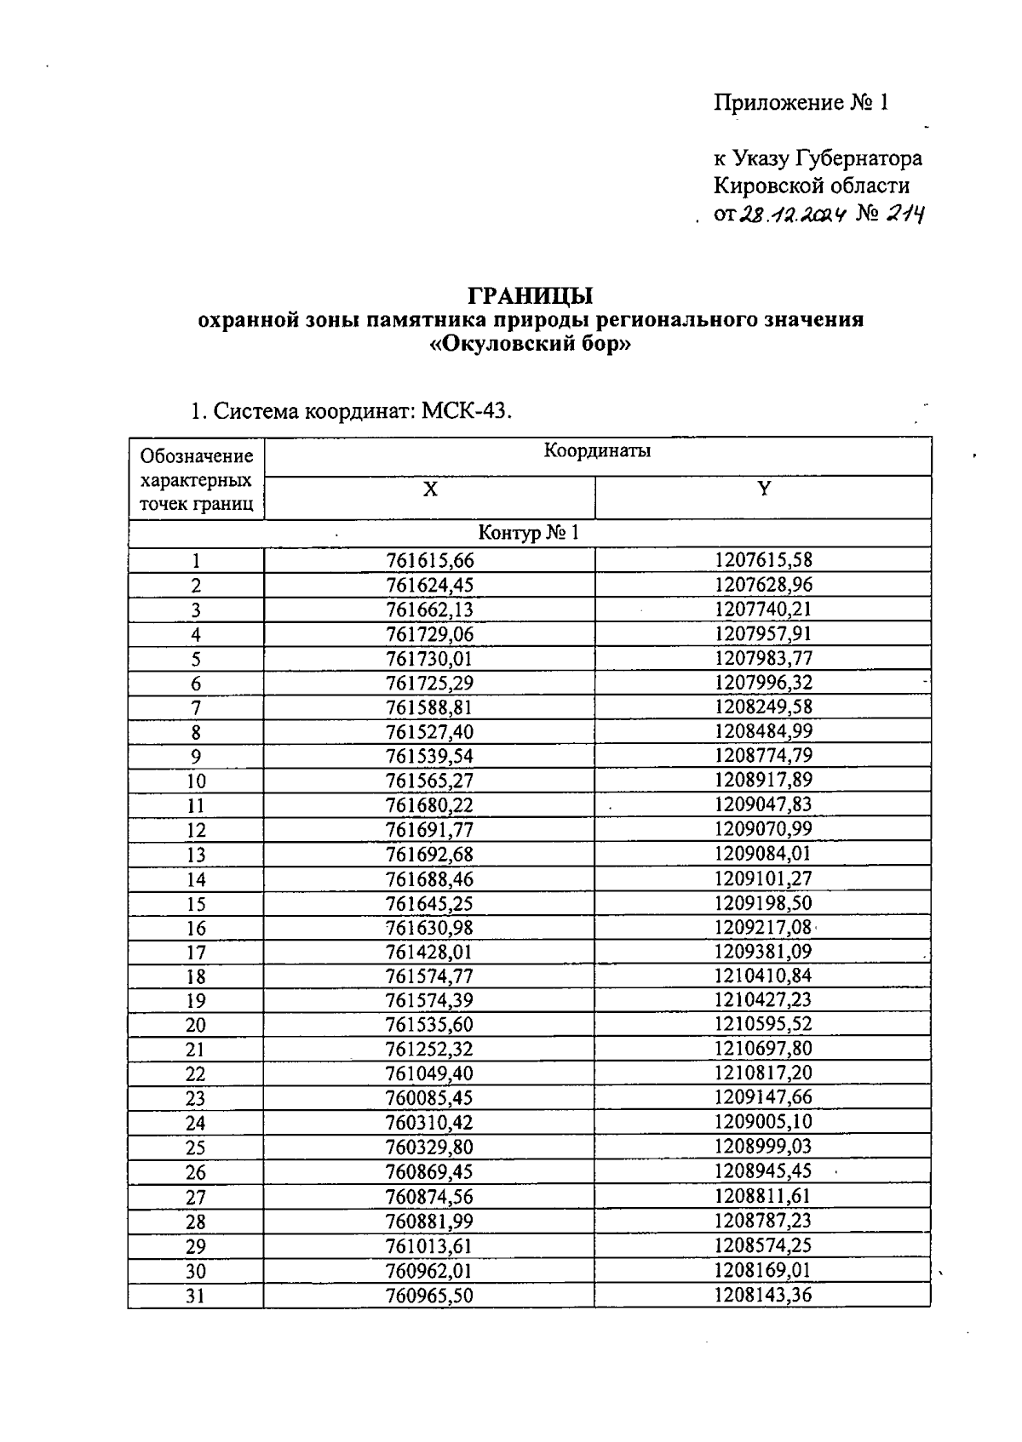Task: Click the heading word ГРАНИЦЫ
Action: (x=531, y=296)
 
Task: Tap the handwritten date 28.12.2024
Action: (x=791, y=215)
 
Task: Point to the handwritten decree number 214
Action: (x=905, y=215)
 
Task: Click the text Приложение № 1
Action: (x=801, y=103)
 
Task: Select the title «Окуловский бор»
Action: (x=531, y=346)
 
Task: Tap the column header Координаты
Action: (x=597, y=451)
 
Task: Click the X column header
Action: (x=430, y=490)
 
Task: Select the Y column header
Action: (x=764, y=489)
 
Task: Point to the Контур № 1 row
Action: (x=528, y=534)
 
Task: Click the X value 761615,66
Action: (x=429, y=561)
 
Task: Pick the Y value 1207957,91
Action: (x=763, y=634)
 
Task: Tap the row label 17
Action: (x=196, y=953)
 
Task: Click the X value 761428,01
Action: (x=429, y=953)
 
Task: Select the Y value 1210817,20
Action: (x=763, y=1074)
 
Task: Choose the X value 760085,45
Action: (x=429, y=1099)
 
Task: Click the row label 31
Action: (x=196, y=1296)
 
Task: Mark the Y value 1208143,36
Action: (x=763, y=1296)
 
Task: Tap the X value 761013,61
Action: (x=429, y=1246)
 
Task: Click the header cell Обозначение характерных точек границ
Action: (x=196, y=479)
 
